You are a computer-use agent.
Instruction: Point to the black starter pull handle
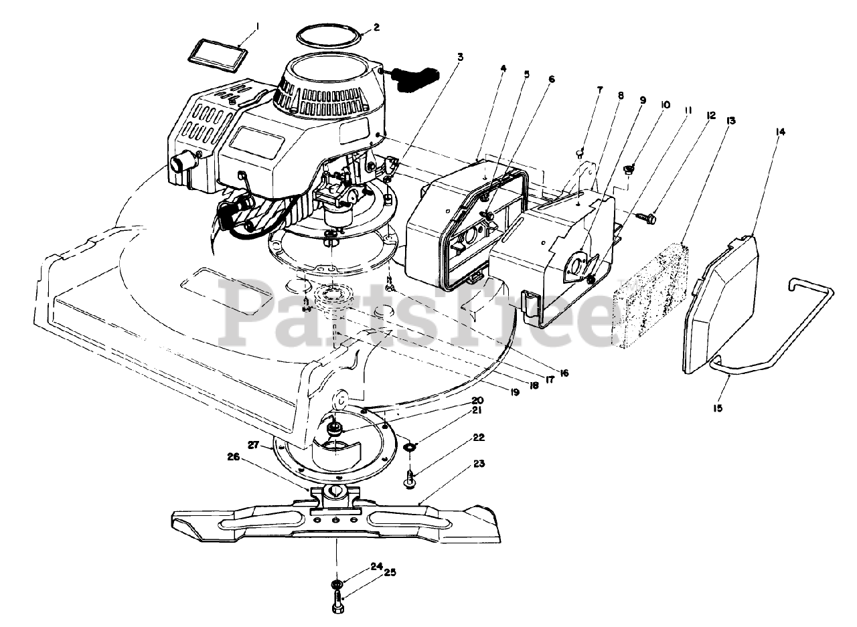pos(415,76)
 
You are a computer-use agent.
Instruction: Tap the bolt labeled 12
pos(648,218)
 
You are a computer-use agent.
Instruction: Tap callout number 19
pos(514,393)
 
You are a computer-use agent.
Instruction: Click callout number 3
pos(460,58)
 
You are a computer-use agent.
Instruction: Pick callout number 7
pos(599,89)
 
